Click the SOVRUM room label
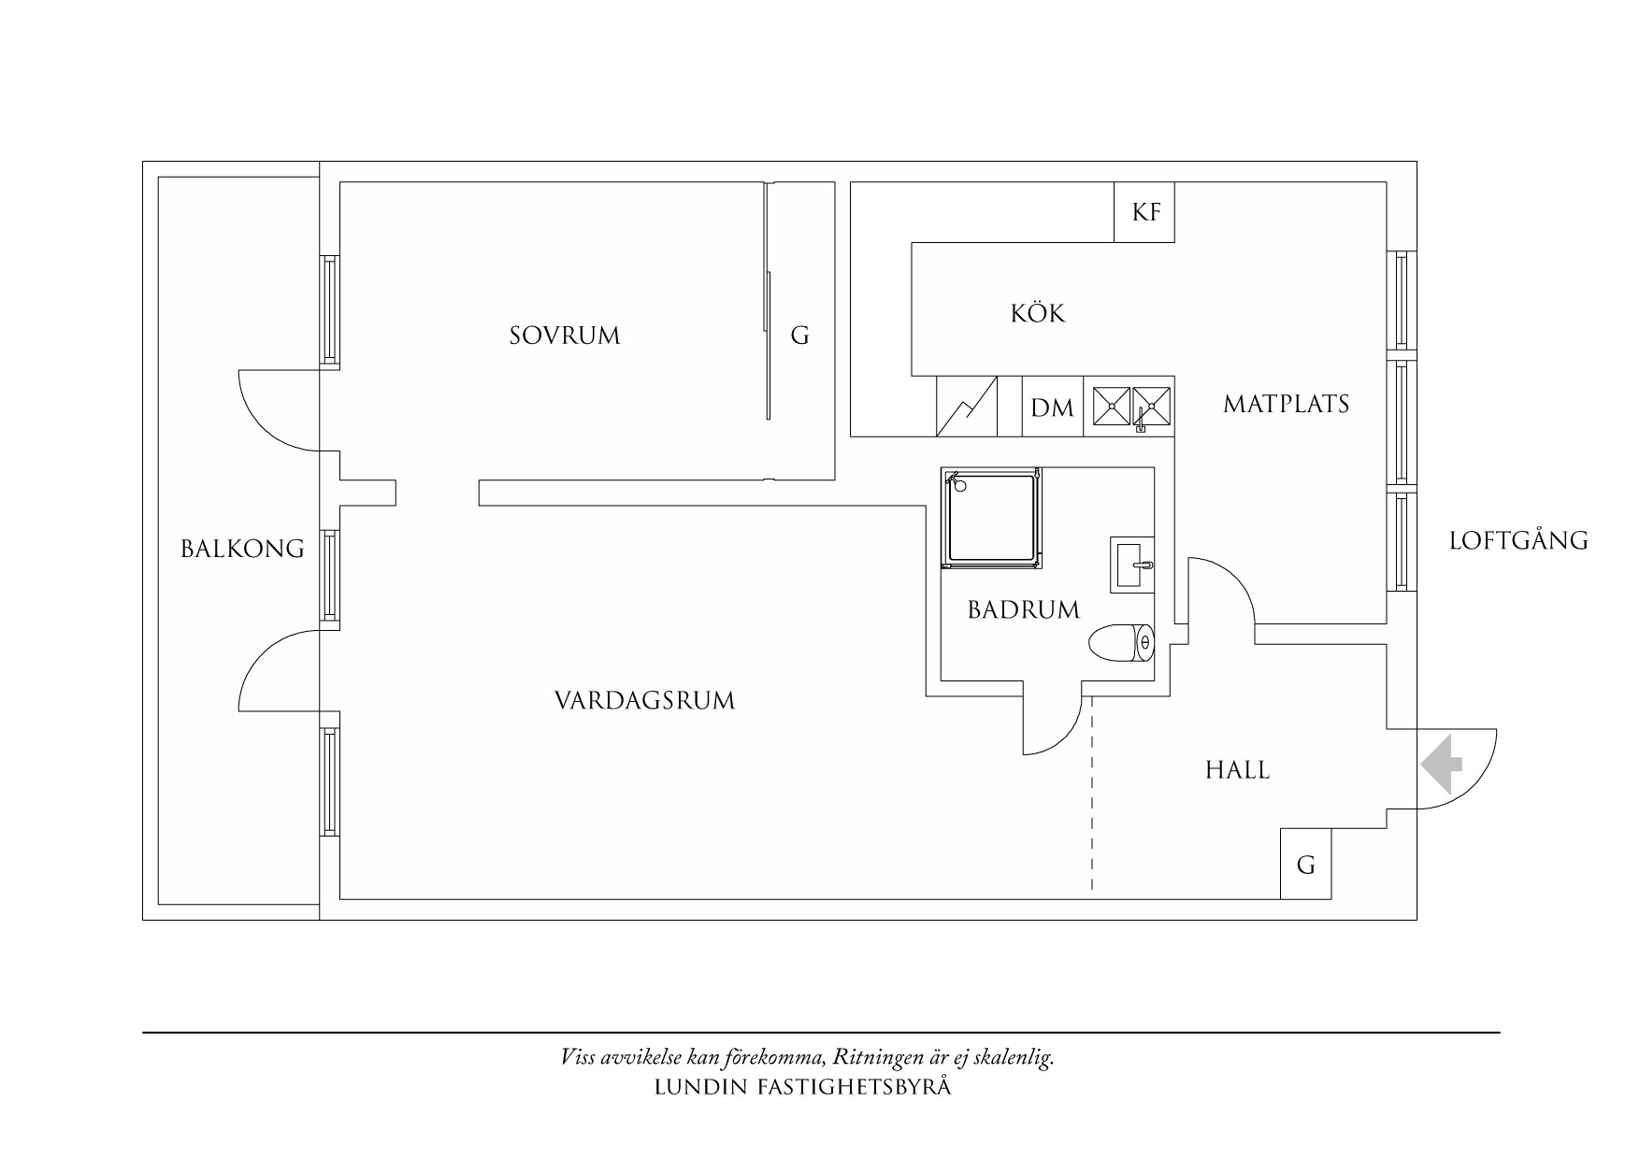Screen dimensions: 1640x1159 [x=565, y=336]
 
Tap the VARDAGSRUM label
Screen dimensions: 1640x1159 [x=645, y=700]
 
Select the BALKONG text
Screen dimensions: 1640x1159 [x=243, y=549]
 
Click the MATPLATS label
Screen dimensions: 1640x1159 [x=1287, y=404]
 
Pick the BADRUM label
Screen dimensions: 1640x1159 [x=1024, y=610]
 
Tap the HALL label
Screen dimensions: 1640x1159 [x=1237, y=770]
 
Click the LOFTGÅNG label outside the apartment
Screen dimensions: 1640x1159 [x=1518, y=539]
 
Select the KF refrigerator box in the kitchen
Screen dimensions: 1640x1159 [x=1144, y=212]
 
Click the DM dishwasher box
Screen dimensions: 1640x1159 [x=1053, y=407]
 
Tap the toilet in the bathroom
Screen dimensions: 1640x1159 [x=1122, y=643]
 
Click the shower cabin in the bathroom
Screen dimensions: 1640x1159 [x=991, y=519]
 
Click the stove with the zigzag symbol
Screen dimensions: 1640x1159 [x=967, y=407]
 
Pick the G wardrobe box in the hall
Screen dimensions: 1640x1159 [x=1305, y=865]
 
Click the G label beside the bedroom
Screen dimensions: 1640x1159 [x=799, y=336]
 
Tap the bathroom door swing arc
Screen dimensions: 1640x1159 [x=1052, y=726]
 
